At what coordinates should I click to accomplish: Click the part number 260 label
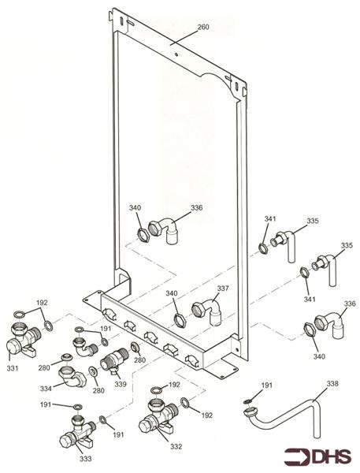203,27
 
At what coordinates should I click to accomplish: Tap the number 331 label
13,368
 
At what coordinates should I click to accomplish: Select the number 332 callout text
176,446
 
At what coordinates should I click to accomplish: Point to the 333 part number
85,459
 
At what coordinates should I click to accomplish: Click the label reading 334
46,389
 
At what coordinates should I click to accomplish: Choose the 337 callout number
223,289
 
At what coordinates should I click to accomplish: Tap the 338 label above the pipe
332,384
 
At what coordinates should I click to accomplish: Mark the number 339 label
121,385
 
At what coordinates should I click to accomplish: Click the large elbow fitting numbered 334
72,375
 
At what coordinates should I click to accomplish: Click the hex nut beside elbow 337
180,320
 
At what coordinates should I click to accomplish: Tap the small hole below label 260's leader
176,55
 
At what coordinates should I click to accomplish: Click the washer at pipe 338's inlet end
247,401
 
